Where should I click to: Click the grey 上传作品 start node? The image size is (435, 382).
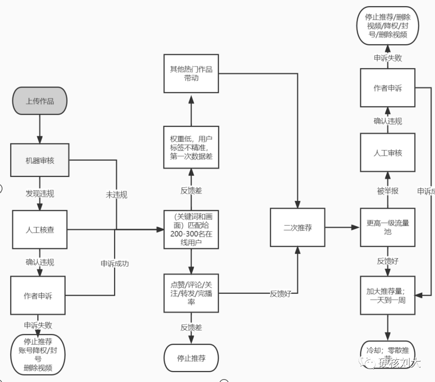point(39,101)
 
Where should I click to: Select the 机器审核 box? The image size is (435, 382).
point(39,160)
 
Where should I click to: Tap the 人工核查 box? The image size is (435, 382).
point(39,230)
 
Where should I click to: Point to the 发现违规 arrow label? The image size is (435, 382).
point(39,193)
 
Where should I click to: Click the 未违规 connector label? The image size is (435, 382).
point(117,195)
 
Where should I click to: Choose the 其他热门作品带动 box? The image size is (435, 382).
point(191,73)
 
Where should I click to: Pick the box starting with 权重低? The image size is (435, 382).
point(191,147)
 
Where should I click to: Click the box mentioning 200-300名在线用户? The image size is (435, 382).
point(191,230)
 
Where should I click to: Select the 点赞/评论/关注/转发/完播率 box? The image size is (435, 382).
point(191,293)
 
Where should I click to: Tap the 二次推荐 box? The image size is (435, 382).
point(298,227)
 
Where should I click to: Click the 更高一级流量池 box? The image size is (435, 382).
point(387,227)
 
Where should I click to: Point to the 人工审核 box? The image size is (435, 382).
point(387,152)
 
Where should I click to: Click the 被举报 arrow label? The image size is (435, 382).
point(387,191)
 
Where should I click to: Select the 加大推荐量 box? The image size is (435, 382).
point(387,295)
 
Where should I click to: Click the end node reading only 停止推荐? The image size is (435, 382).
point(191,358)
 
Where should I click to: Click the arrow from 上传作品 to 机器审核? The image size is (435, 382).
point(39,129)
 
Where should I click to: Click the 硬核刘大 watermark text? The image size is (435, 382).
point(399,362)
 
